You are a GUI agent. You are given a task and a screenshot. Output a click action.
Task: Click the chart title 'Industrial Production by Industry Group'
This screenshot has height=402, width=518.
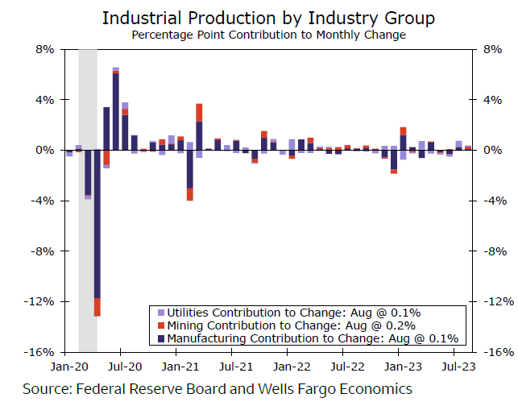click(x=269, y=18)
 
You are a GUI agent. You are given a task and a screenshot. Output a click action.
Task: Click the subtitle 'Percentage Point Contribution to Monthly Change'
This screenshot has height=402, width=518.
click(x=268, y=35)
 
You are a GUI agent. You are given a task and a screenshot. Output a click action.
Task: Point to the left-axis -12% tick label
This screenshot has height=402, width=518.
click(x=39, y=301)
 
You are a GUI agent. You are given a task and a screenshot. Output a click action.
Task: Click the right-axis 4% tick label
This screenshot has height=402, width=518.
click(x=493, y=100)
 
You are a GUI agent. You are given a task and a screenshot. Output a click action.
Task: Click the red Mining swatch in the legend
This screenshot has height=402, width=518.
click(x=161, y=325)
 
